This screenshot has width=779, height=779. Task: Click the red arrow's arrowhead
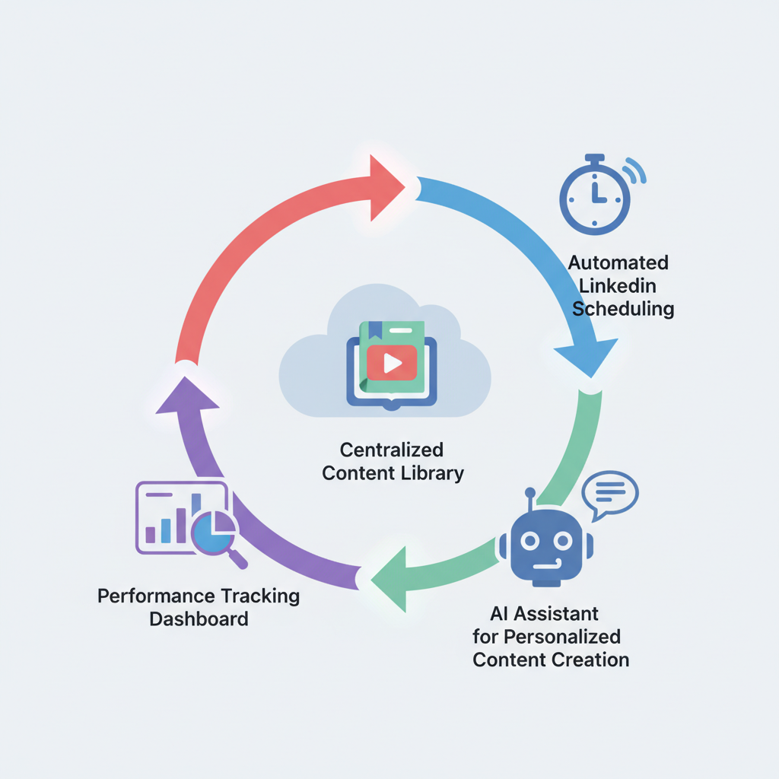click(385, 188)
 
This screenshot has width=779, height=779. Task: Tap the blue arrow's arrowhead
click(588, 356)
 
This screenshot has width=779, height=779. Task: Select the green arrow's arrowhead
click(391, 579)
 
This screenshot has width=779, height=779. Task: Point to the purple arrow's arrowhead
click(187, 397)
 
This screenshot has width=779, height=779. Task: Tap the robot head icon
click(546, 540)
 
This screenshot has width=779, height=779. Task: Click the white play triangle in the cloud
click(393, 363)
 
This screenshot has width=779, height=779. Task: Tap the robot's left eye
click(529, 540)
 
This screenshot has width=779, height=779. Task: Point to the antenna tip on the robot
click(530, 492)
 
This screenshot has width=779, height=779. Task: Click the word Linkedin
click(618, 286)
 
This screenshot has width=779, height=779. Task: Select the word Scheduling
click(623, 309)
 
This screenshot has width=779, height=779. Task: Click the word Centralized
click(392, 450)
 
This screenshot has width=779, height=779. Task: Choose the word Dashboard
click(199, 618)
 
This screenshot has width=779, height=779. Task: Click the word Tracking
click(260, 596)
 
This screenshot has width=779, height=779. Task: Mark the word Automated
click(618, 262)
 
